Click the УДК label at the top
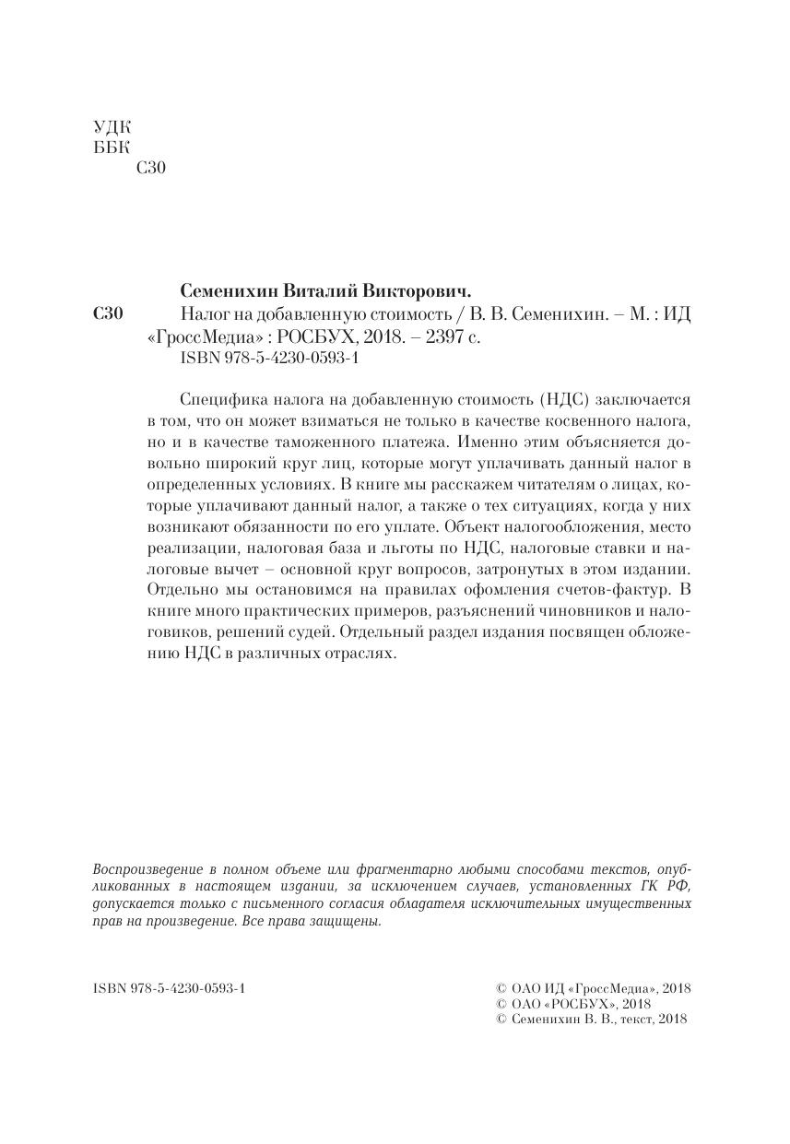[x=112, y=127]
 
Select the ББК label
[x=112, y=147]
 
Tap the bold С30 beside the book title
[x=109, y=314]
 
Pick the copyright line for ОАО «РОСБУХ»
[x=573, y=1003]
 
